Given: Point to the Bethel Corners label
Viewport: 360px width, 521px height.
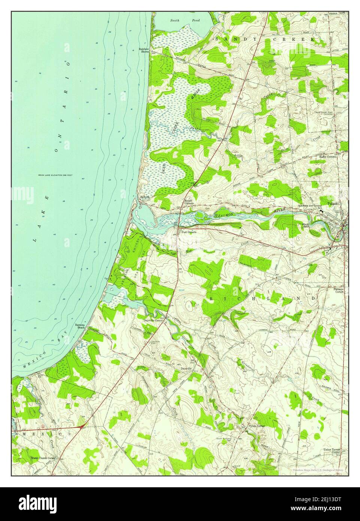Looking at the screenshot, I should point(188,202).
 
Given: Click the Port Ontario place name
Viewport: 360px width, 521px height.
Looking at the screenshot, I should point(189,232).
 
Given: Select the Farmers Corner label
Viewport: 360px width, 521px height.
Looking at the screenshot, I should point(339,290).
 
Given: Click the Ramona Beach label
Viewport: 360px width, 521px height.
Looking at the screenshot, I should point(80,326).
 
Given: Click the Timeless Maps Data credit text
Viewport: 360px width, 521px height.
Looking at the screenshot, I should point(318,469).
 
